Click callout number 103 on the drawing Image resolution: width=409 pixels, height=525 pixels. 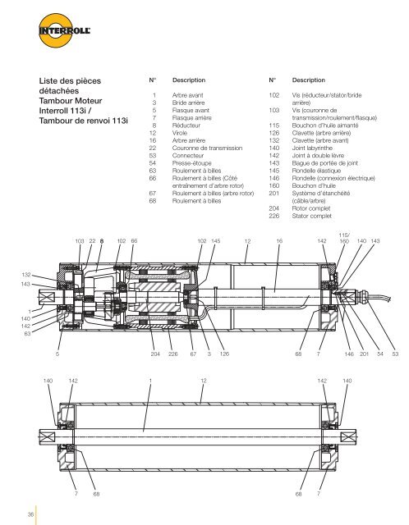click(80, 240)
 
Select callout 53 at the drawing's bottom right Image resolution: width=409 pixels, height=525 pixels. click(395, 354)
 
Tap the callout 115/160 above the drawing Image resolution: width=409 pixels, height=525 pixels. click(344, 238)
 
